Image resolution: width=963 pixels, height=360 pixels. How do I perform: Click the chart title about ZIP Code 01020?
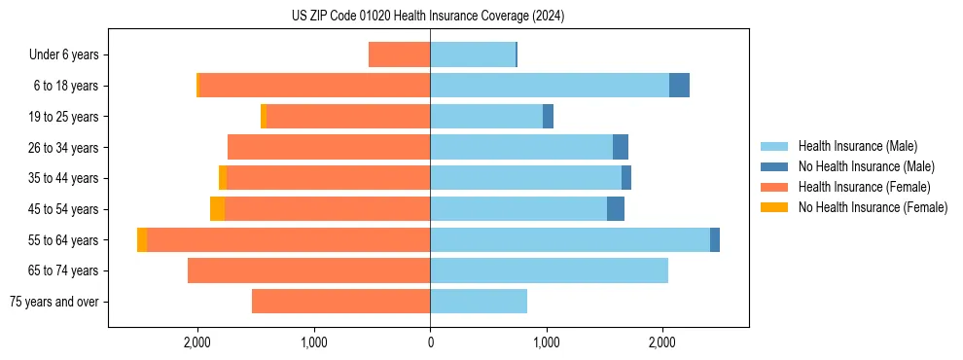(x=428, y=16)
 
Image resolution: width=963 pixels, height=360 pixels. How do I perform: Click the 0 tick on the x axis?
(x=430, y=342)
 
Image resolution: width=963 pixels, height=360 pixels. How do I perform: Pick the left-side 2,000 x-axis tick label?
(x=197, y=342)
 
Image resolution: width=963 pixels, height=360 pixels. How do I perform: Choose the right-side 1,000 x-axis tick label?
(x=546, y=342)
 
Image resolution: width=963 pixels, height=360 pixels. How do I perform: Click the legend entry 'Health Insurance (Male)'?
(x=857, y=146)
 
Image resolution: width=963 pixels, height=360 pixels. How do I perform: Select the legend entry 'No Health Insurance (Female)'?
(x=873, y=207)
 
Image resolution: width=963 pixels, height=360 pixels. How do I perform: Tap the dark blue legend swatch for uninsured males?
(x=774, y=166)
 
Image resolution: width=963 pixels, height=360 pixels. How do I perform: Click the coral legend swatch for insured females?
(x=774, y=187)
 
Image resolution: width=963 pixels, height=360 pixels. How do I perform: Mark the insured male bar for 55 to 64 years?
(x=570, y=239)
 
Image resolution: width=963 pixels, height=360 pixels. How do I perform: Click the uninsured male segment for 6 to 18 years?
(x=679, y=86)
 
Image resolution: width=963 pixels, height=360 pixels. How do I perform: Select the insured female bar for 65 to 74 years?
(x=308, y=270)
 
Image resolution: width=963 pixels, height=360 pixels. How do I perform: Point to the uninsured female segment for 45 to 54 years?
(x=217, y=209)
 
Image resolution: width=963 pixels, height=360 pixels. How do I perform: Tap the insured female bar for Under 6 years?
(x=399, y=54)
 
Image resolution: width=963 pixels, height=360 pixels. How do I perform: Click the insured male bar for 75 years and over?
(x=479, y=302)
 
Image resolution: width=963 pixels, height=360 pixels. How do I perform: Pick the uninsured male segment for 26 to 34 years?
(x=621, y=147)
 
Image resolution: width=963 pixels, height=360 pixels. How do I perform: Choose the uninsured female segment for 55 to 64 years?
(x=142, y=239)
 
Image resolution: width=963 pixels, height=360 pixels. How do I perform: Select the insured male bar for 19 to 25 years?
(x=486, y=117)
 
